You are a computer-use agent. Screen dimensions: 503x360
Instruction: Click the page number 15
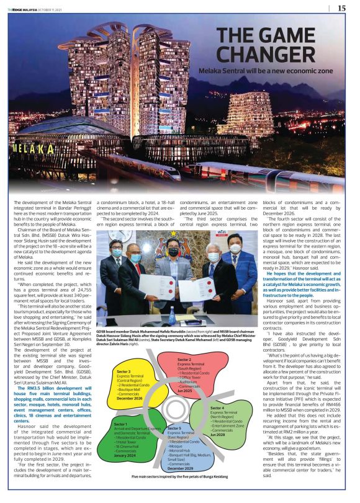tap(342, 8)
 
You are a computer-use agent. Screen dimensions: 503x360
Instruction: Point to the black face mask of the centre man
tap(173, 252)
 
